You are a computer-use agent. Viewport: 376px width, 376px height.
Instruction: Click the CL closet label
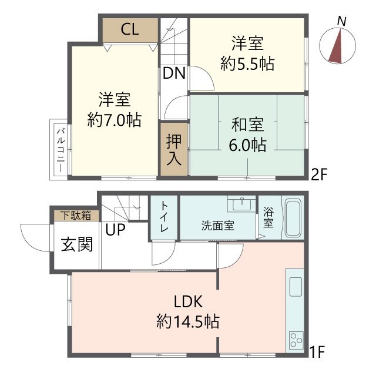point(130,31)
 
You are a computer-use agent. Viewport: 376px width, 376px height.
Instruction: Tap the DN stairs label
point(174,73)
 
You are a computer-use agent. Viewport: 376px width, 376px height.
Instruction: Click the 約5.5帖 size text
point(247,63)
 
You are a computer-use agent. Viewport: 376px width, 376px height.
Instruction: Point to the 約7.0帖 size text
point(114,120)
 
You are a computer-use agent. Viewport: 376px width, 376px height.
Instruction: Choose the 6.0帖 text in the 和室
point(247,144)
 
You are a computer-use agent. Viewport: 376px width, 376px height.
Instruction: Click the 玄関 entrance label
point(77,244)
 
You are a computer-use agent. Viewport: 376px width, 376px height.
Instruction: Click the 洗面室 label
point(218,226)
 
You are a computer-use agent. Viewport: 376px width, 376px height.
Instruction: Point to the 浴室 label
point(268,217)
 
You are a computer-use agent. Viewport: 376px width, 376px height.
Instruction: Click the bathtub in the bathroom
point(293,218)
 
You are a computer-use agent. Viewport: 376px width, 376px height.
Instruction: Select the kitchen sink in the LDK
point(295,288)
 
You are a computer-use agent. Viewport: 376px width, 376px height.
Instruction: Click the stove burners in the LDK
point(295,339)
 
